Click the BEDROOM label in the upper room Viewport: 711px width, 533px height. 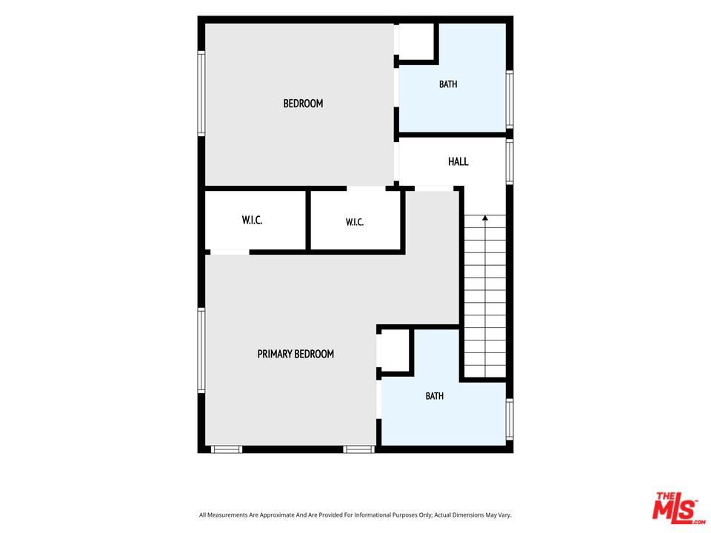point(303,104)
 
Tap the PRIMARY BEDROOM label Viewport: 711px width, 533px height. point(296,354)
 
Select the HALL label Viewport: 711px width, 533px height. point(458,161)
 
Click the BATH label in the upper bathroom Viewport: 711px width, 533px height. point(448,84)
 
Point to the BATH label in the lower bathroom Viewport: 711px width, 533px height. point(435,396)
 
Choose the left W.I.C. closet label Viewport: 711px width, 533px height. point(252,221)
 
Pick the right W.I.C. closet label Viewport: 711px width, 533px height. point(354,222)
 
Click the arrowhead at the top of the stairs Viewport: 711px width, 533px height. point(485,218)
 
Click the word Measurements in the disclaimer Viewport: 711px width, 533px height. point(231,515)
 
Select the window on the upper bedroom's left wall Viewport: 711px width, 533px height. point(201,93)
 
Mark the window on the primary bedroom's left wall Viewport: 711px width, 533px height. point(201,350)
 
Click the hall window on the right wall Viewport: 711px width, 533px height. point(510,162)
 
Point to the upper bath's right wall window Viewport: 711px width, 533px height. point(510,100)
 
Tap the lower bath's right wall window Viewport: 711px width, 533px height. point(510,419)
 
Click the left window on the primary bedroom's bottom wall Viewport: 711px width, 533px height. point(227,449)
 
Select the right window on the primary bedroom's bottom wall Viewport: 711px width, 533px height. point(358,449)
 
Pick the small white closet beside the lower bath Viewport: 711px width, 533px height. point(395,351)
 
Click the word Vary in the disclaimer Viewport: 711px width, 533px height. point(504,515)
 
